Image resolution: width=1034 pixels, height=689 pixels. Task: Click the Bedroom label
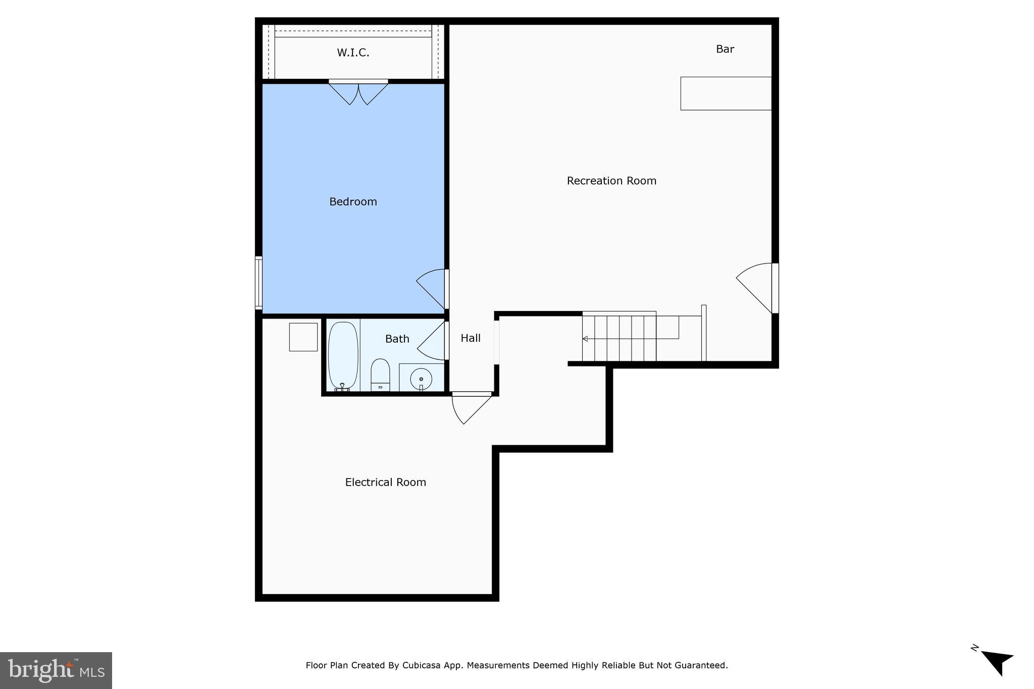click(353, 202)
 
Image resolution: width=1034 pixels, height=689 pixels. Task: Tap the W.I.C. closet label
click(353, 52)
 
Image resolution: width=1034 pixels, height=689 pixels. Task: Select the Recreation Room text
click(611, 181)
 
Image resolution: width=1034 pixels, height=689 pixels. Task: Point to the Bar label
click(725, 49)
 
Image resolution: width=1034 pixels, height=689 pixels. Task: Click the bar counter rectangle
click(726, 93)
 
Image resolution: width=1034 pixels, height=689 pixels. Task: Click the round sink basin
click(421, 378)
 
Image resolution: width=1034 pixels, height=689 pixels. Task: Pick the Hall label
click(471, 338)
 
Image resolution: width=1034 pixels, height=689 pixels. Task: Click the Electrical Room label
click(385, 482)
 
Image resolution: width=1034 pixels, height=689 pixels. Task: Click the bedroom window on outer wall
click(258, 283)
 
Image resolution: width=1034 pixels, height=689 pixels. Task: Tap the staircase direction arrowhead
click(585, 339)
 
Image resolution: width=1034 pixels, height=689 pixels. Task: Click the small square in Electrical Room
click(303, 337)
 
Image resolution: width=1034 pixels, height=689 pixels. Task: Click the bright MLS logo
click(56, 670)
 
